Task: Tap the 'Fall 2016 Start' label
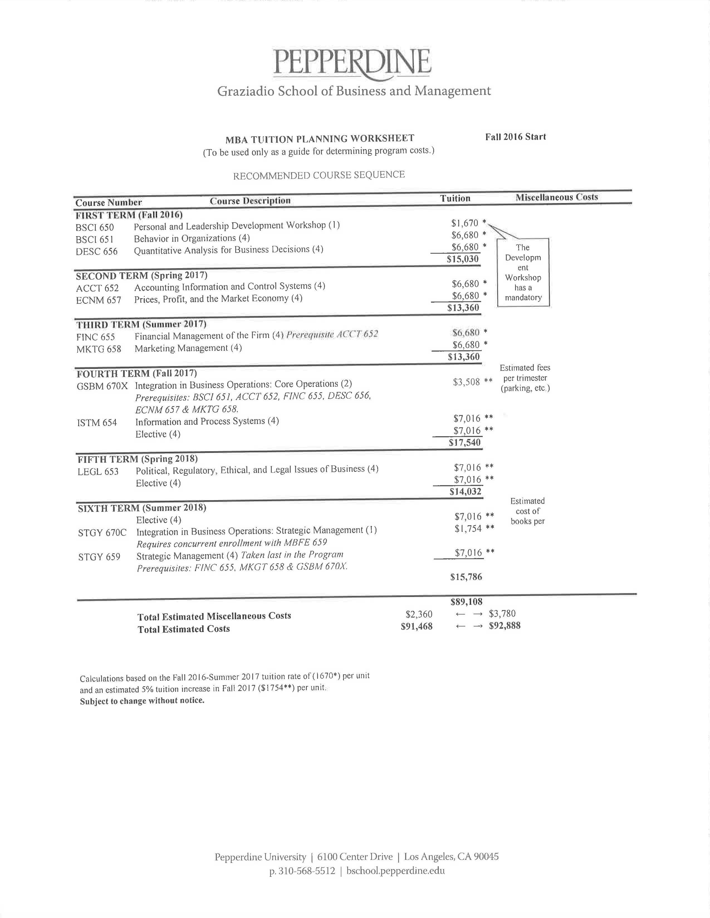(515, 137)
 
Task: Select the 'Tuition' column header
(455, 198)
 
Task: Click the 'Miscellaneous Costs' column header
(557, 197)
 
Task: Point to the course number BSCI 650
(95, 227)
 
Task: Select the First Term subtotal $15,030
(463, 259)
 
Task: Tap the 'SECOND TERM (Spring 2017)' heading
(141, 276)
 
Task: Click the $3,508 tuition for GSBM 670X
(466, 382)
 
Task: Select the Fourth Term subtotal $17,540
(464, 442)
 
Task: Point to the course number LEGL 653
(98, 472)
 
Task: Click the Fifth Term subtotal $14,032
(465, 491)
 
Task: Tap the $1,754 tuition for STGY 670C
(468, 529)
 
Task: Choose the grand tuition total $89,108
(466, 602)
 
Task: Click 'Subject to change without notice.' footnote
(142, 701)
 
